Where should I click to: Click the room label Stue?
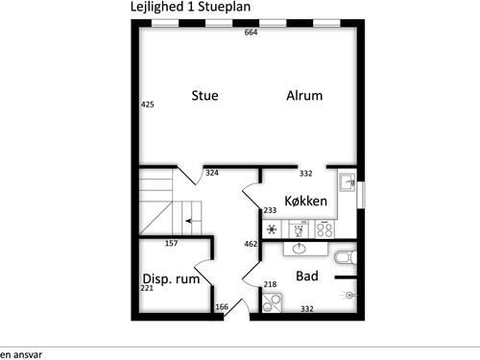(x=204, y=95)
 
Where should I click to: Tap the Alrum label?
(x=304, y=95)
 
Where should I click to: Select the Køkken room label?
(x=306, y=201)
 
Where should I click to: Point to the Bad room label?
(x=307, y=276)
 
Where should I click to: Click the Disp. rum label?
(x=171, y=279)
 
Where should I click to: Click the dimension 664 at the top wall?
(x=251, y=33)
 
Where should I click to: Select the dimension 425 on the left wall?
(x=148, y=105)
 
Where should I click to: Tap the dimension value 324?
(x=212, y=173)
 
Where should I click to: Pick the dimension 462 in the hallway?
(x=251, y=244)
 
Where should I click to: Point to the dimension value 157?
(x=171, y=243)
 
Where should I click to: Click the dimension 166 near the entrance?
(x=222, y=307)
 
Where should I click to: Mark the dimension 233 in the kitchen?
(x=270, y=210)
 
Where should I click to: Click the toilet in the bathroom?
(x=346, y=257)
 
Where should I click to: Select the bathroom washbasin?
(x=299, y=249)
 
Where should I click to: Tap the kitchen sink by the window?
(x=348, y=182)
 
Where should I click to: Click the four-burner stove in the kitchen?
(x=324, y=229)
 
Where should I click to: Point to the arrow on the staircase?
(x=189, y=221)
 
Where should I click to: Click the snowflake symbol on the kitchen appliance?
(x=272, y=229)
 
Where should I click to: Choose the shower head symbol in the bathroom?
(x=348, y=295)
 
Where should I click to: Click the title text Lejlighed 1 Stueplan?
(x=190, y=7)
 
